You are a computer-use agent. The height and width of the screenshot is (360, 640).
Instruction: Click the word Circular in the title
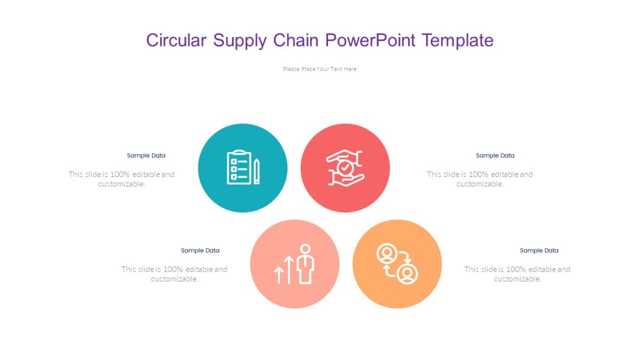click(175, 40)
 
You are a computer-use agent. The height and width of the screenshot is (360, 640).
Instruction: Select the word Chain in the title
click(295, 40)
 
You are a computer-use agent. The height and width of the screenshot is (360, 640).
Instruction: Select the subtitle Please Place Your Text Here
click(319, 69)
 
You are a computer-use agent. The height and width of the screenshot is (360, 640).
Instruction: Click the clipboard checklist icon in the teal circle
click(238, 167)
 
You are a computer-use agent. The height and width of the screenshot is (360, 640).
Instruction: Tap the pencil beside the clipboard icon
click(257, 171)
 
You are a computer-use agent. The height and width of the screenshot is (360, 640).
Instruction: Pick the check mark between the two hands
click(345, 167)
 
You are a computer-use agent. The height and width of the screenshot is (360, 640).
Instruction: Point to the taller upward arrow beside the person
click(289, 269)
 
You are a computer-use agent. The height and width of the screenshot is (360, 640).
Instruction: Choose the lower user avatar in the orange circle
click(407, 274)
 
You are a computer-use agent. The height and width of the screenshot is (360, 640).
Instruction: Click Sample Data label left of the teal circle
click(146, 156)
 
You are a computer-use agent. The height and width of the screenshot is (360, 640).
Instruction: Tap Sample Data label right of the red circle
click(495, 156)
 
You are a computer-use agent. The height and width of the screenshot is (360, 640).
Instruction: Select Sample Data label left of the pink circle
click(200, 251)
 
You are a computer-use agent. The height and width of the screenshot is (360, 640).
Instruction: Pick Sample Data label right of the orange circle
click(539, 251)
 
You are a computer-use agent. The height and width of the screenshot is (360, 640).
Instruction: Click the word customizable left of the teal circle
click(122, 184)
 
